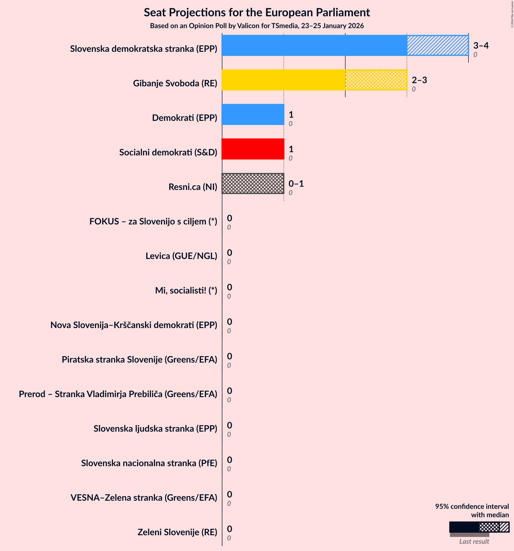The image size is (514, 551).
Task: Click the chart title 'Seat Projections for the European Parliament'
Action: click(x=257, y=13)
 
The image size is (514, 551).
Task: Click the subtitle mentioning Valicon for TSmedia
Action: click(x=257, y=26)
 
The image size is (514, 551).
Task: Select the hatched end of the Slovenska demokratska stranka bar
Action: click(x=437, y=45)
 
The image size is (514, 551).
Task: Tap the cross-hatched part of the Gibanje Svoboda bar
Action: click(x=376, y=80)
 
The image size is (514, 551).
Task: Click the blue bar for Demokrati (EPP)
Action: click(x=253, y=114)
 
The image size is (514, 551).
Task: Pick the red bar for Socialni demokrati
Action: click(x=253, y=149)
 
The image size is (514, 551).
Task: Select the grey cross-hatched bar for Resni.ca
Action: click(x=253, y=184)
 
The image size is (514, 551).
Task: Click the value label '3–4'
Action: click(x=481, y=45)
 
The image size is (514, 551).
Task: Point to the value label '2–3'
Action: click(x=419, y=80)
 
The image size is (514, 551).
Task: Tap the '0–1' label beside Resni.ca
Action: click(x=296, y=184)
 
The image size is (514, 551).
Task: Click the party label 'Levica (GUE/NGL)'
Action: click(x=181, y=256)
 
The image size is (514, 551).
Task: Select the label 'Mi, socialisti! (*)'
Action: click(x=186, y=290)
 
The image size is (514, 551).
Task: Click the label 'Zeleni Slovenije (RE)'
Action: click(x=177, y=532)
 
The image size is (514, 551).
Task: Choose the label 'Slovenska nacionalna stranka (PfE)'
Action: click(x=149, y=463)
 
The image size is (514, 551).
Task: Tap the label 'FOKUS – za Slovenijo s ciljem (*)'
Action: click(x=153, y=221)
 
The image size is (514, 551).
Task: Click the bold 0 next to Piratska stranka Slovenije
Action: click(x=230, y=356)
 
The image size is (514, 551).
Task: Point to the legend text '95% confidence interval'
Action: click(x=472, y=506)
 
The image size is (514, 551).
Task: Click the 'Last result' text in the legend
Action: click(x=474, y=541)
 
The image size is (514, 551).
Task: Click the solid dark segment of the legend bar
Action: click(x=464, y=527)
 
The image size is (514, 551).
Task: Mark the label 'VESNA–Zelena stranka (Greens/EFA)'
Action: click(x=144, y=497)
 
